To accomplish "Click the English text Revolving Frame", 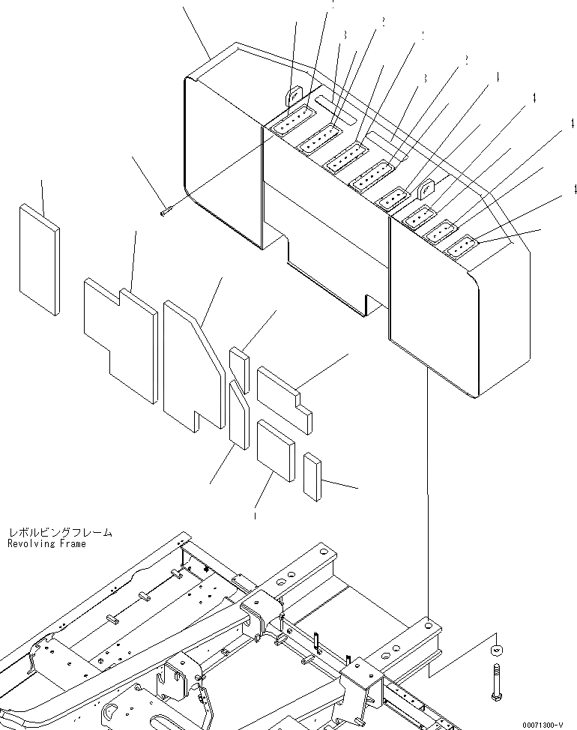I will tap(46, 543).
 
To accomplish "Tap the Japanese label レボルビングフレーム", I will tap(60, 532).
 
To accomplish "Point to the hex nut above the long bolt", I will tap(495, 651).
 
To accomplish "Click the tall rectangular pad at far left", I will tap(39, 259).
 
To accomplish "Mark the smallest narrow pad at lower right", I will tap(312, 474).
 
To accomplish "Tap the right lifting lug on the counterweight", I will tap(425, 191).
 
